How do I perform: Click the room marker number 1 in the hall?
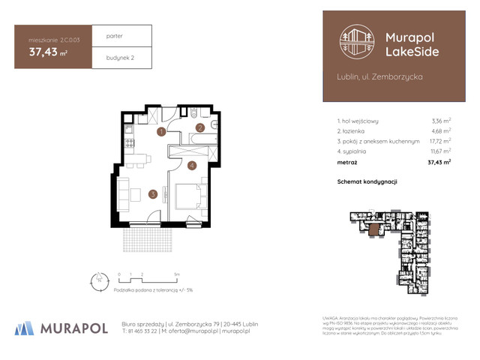click(161, 132)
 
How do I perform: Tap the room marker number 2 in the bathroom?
click(200, 127)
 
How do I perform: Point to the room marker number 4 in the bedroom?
click(191, 165)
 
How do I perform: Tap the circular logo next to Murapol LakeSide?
click(355, 42)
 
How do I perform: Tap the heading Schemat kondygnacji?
click(367, 181)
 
